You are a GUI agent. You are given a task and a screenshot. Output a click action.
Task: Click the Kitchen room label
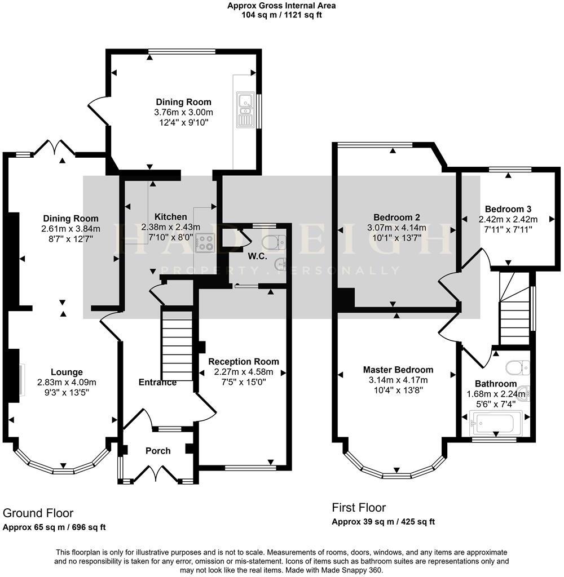(171, 217)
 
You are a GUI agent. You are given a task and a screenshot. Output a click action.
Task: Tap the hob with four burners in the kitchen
(204, 242)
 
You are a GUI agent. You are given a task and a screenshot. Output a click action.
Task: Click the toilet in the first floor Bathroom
(518, 368)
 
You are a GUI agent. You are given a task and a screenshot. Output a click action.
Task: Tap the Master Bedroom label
(398, 370)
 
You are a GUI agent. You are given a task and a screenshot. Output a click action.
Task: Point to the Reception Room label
(244, 361)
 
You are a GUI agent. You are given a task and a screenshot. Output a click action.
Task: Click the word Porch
(158, 450)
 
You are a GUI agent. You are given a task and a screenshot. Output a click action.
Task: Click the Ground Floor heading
(38, 513)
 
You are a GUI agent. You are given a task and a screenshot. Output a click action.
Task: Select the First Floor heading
(359, 507)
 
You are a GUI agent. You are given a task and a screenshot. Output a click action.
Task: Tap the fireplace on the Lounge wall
(21, 376)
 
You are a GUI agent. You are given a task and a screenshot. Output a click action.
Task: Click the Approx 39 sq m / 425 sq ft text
(383, 522)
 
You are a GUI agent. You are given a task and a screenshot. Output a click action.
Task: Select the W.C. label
(258, 256)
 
